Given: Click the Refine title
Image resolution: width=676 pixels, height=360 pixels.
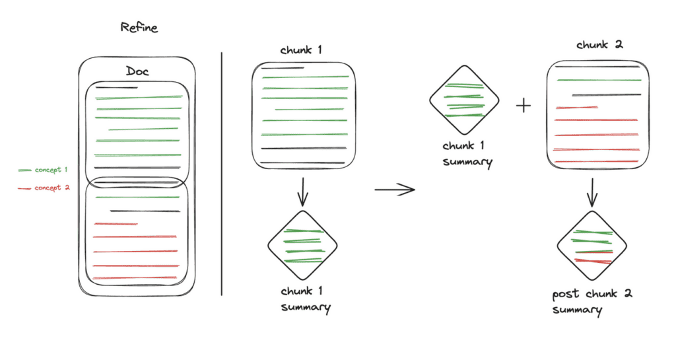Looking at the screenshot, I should [139, 28].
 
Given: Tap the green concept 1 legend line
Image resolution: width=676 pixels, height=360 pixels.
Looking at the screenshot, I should [25, 170].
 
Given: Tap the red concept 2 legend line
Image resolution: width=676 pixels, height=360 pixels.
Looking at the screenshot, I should [25, 188].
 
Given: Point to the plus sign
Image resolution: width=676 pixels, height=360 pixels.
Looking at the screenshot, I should [523, 106].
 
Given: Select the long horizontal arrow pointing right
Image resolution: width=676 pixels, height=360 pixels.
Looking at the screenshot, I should [394, 190].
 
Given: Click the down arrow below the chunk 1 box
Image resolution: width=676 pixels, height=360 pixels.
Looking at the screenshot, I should [302, 192].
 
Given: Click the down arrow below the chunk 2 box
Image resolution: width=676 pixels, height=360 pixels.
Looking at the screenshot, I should [592, 192].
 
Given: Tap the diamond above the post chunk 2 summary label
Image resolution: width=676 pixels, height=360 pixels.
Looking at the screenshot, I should [592, 246].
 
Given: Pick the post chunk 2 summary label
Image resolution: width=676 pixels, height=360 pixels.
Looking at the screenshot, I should [591, 301].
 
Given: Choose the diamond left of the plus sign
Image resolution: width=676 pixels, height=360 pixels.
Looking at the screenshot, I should [465, 100].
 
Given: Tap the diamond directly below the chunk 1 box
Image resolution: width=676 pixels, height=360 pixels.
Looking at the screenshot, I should [302, 246].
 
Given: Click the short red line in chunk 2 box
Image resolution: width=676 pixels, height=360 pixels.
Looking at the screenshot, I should [577, 106].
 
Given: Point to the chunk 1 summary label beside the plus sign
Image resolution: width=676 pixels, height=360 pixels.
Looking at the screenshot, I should [467, 153].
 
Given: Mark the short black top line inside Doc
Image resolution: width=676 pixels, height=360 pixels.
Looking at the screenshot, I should [117, 87].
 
